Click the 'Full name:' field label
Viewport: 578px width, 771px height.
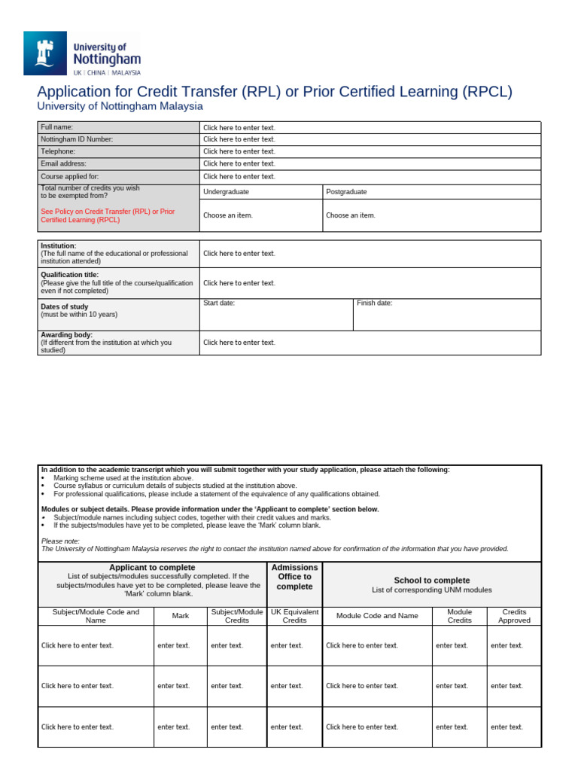coord(57,127)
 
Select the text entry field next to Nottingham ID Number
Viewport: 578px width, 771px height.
coord(239,139)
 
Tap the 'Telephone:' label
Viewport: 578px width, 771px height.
coord(58,151)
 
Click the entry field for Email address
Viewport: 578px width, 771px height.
coord(239,163)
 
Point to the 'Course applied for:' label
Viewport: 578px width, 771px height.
coord(70,176)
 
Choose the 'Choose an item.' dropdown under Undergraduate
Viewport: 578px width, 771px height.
coord(228,215)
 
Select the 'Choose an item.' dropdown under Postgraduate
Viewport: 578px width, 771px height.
coord(351,215)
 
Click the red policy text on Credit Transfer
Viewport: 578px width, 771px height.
coord(108,216)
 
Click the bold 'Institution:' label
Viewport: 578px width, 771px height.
coord(59,245)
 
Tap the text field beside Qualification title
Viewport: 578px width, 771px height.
coord(239,283)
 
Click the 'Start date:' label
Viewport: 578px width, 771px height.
coord(219,303)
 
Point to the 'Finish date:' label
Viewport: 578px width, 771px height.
coord(375,303)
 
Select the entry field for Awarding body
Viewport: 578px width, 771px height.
coord(239,343)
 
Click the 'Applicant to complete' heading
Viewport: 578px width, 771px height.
coord(153,567)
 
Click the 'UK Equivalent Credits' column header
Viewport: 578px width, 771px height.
coord(295,616)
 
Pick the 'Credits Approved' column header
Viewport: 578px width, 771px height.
coord(514,616)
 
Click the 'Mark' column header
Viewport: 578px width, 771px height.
coord(181,616)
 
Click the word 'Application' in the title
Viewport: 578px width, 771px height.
coord(76,92)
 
